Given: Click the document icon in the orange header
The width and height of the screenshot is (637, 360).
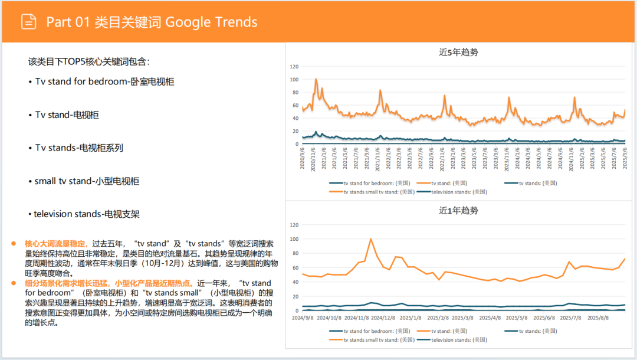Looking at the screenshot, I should coord(28,22).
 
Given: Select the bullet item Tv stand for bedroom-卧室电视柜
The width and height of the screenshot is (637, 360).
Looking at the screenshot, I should coord(104,81).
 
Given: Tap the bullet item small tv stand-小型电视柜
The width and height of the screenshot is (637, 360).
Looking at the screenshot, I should coord(87,181).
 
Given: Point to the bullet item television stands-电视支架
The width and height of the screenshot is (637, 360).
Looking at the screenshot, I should coord(87,214).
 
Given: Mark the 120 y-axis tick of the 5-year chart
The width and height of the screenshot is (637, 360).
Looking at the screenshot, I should coord(294,67).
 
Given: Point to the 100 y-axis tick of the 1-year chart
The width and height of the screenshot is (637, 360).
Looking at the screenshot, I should coord(294,239).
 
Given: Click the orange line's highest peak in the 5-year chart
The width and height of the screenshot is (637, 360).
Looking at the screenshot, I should coord(316,79).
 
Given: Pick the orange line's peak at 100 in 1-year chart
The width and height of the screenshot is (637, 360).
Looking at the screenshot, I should coord(370,239).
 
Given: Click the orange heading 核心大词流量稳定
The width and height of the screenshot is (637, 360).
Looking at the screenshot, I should coord(56,243).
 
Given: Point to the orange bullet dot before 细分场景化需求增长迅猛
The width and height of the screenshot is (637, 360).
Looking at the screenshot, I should coord(12,283).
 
